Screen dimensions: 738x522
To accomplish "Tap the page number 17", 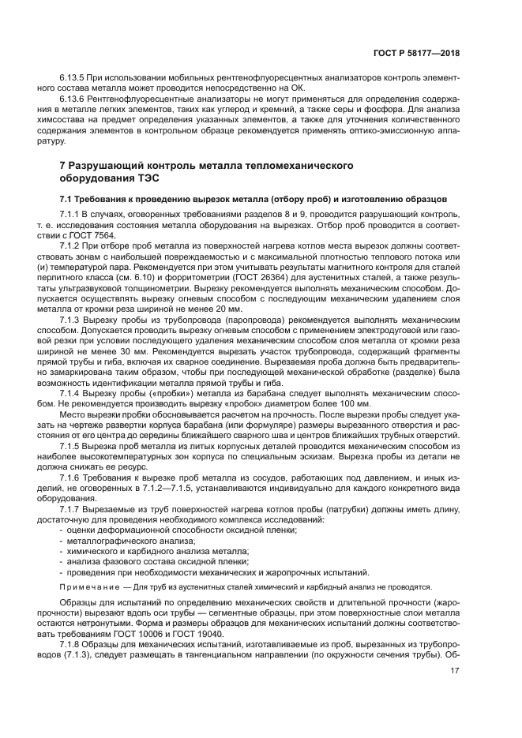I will (x=455, y=672).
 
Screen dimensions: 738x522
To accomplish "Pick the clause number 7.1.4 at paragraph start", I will (x=73, y=391).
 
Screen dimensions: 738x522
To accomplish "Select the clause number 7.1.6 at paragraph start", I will (x=73, y=478).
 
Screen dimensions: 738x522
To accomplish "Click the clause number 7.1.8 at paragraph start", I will (x=73, y=643).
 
